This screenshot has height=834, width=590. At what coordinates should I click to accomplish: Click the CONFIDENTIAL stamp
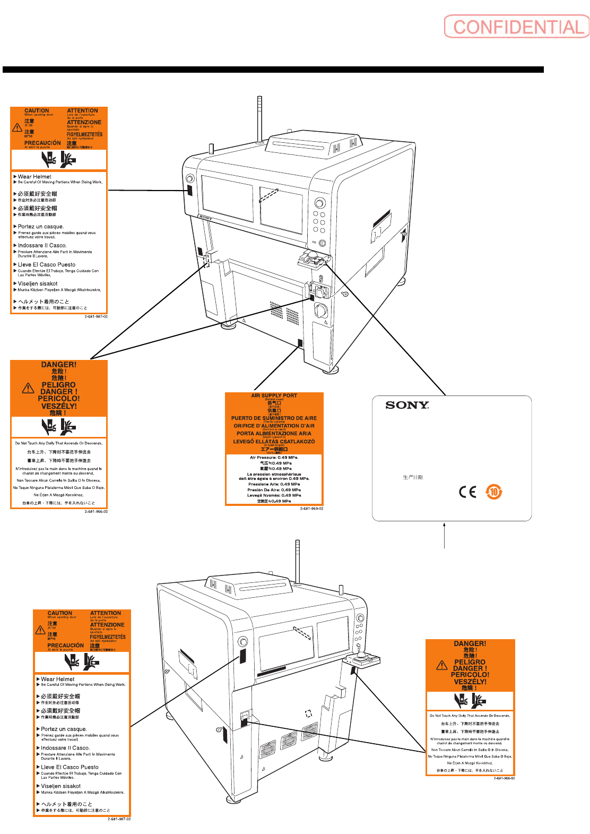(517, 27)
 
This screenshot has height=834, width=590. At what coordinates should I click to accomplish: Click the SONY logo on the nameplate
(407, 405)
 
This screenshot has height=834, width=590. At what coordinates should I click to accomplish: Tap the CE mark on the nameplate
(467, 492)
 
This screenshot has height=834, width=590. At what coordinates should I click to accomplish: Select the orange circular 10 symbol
(494, 492)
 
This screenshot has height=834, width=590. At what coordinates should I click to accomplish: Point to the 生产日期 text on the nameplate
(413, 477)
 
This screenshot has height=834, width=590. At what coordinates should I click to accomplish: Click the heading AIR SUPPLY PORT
(274, 395)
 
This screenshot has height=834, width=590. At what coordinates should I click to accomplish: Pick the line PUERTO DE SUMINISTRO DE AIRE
(274, 418)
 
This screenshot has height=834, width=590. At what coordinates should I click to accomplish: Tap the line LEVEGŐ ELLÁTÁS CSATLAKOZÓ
(274, 442)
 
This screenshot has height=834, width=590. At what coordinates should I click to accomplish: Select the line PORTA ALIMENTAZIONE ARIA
(274, 434)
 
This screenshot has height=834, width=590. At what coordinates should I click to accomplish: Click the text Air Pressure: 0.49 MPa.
(274, 458)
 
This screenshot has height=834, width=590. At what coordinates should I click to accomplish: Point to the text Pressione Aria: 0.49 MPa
(274, 484)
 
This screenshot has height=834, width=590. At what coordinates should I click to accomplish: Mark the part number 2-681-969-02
(311, 509)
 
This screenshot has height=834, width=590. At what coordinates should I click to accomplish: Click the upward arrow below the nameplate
(444, 534)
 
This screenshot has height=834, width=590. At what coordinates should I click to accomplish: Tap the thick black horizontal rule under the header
(273, 70)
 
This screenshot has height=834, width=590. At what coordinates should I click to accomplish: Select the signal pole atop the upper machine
(260, 118)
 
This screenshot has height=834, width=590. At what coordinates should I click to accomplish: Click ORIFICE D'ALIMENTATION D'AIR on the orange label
(274, 426)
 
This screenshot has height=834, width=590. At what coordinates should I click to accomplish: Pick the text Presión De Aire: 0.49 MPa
(274, 490)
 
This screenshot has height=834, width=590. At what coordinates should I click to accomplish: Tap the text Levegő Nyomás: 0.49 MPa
(274, 495)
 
